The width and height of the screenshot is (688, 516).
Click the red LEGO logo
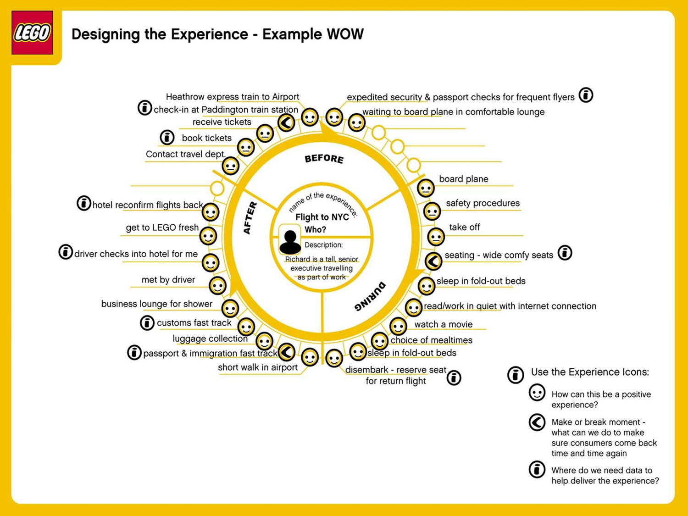point(32,33)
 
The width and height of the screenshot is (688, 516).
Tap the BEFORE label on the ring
point(324,158)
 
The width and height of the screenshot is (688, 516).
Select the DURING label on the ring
point(370,297)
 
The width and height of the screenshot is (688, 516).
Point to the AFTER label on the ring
point(250,218)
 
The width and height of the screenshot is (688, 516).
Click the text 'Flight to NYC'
point(322,217)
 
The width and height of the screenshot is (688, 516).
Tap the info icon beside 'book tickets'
point(167,137)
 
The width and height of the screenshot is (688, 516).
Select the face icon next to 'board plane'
point(426,188)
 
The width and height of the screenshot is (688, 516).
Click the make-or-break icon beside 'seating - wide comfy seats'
point(433,261)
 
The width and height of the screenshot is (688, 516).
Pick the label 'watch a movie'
point(443,324)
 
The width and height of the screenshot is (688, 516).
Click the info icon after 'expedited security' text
point(586,95)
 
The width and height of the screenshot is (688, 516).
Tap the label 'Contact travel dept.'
point(186,154)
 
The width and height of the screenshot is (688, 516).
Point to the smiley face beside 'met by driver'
point(217,286)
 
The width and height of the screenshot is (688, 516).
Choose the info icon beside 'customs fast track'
point(147,322)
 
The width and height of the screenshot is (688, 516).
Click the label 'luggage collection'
point(210,338)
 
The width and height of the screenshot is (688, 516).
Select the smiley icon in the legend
point(537,393)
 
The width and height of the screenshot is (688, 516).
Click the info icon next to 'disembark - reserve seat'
point(454,377)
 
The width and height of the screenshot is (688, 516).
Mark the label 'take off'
point(464,227)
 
